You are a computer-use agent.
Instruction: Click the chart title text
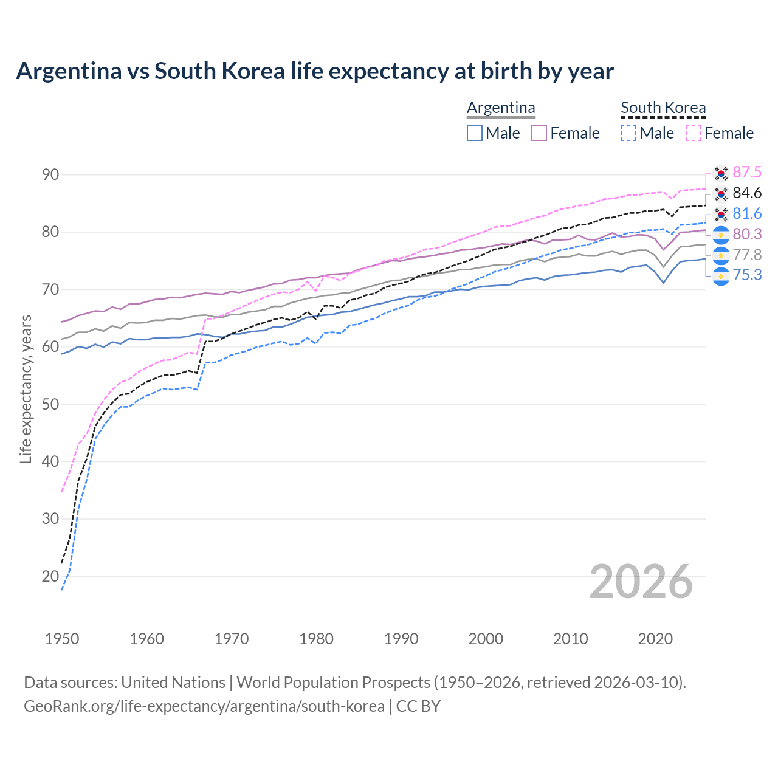point(315,71)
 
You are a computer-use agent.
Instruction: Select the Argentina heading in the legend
point(501,108)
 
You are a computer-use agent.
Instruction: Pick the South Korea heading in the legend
point(663,108)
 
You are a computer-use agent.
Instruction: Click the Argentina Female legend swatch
point(539,133)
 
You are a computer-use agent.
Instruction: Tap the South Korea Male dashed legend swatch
point(628,133)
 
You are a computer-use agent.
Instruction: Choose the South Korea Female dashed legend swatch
point(694,133)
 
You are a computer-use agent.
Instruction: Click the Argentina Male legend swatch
point(475,133)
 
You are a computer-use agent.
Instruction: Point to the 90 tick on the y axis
point(50,175)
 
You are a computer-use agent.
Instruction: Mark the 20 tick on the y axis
point(50,576)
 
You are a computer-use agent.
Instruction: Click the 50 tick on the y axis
point(50,404)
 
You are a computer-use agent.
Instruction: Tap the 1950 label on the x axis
point(62,639)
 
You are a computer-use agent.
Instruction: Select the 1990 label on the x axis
point(401,639)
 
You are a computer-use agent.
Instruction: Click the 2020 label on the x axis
point(655,639)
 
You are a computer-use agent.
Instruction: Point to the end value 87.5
point(747,173)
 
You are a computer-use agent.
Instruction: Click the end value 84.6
point(747,193)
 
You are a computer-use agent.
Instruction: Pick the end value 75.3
point(747,275)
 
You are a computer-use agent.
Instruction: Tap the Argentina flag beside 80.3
point(721,235)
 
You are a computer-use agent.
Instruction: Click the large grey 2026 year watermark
point(641,582)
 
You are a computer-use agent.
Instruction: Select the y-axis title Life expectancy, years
point(26,389)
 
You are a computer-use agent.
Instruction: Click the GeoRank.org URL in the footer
point(204,706)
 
